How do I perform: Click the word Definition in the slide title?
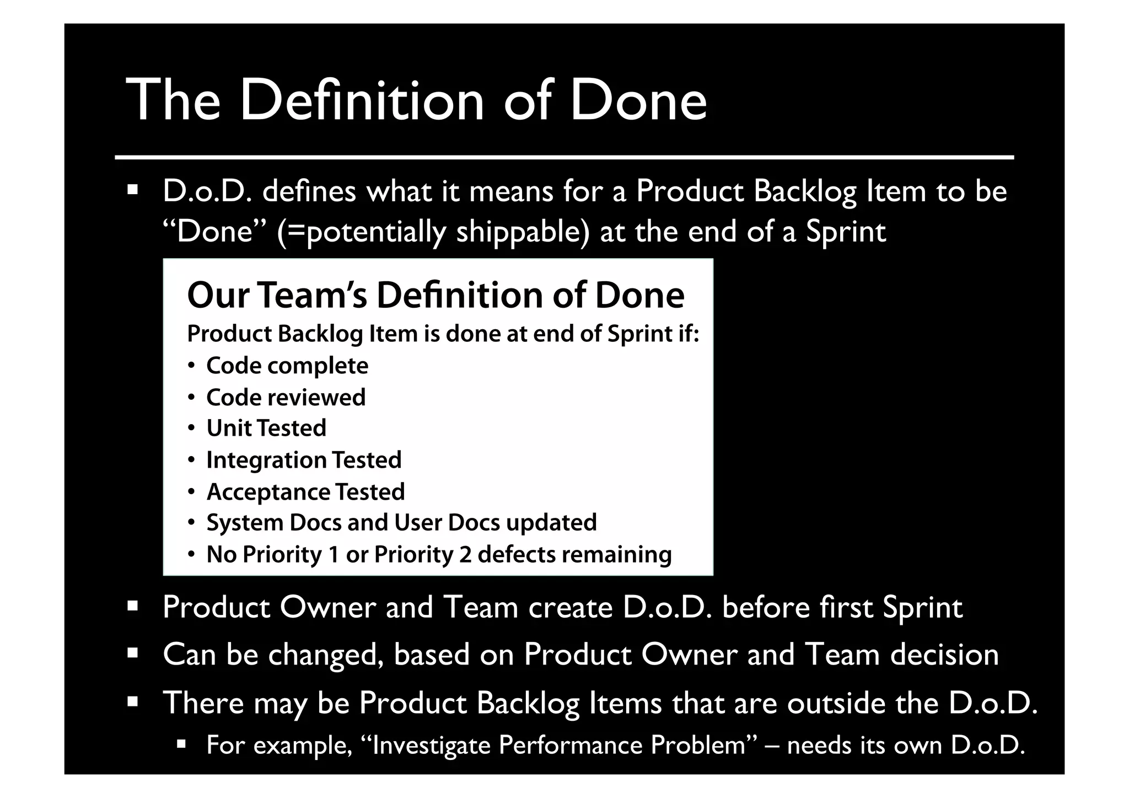pyautogui.click(x=362, y=100)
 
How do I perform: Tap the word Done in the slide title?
pyautogui.click(x=638, y=100)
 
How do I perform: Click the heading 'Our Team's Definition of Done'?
pyautogui.click(x=436, y=295)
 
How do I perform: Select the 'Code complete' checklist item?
pyautogui.click(x=287, y=366)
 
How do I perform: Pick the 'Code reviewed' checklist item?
pyautogui.click(x=286, y=397)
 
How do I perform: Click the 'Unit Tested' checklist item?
pyautogui.click(x=266, y=429)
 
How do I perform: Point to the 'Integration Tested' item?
pyautogui.click(x=304, y=460)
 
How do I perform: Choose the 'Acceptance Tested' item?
pyautogui.click(x=305, y=491)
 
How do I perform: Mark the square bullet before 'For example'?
pyautogui.click(x=182, y=745)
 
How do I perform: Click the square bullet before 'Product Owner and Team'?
pyautogui.click(x=132, y=607)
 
